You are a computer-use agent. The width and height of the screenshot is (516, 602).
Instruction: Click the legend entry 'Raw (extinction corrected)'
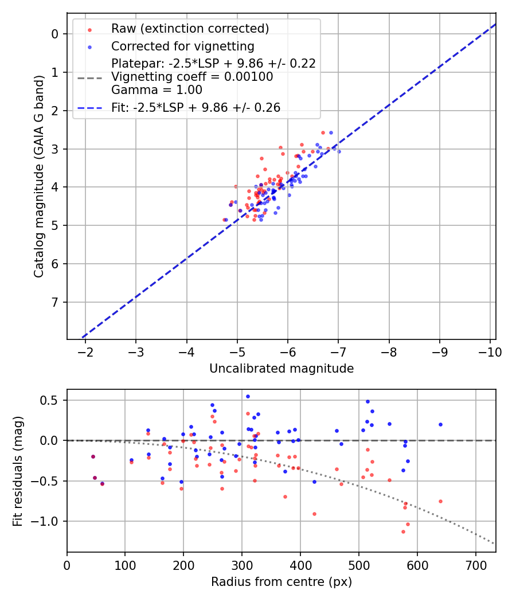click(x=190, y=29)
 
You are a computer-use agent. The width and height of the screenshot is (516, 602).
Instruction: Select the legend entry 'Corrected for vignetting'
click(x=182, y=46)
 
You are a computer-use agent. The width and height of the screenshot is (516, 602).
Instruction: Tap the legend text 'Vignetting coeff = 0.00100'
click(x=192, y=77)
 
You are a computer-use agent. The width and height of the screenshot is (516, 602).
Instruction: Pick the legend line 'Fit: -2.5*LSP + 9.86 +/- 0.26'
click(x=196, y=108)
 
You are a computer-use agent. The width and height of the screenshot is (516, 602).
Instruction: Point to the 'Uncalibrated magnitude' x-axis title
click(x=281, y=369)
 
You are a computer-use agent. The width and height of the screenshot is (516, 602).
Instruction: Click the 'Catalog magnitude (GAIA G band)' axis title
click(x=38, y=176)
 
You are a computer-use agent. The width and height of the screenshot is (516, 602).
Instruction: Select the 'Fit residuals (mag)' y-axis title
click(x=18, y=471)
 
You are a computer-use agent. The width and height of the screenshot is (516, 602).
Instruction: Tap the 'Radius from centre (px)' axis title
click(x=281, y=582)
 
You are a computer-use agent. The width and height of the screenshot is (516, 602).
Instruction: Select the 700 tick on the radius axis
click(x=475, y=565)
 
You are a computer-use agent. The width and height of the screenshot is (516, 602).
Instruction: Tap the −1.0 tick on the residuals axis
click(x=49, y=521)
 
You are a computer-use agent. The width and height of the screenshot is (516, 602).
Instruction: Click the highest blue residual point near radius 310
click(x=248, y=396)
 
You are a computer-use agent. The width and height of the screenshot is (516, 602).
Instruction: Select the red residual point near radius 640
click(x=440, y=501)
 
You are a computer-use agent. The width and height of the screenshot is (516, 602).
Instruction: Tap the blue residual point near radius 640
click(x=440, y=424)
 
